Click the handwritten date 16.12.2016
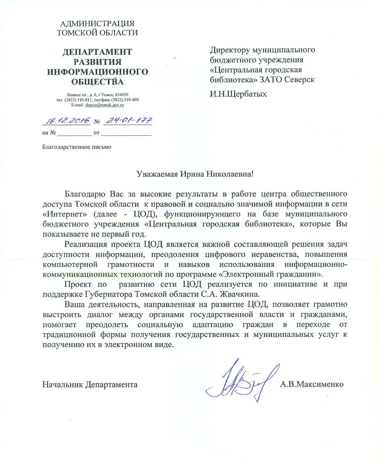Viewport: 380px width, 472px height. (x=67, y=121)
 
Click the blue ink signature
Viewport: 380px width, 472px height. (x=242, y=381)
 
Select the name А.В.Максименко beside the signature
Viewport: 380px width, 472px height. (x=312, y=384)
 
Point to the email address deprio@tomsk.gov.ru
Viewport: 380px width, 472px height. (x=104, y=105)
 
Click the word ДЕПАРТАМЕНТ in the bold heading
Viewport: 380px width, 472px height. (x=97, y=52)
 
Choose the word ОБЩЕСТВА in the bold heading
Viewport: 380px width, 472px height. (x=97, y=82)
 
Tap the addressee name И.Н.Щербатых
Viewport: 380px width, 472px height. (x=238, y=94)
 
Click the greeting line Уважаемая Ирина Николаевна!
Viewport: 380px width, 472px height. (x=195, y=174)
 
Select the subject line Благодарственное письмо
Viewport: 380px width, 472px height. (x=77, y=147)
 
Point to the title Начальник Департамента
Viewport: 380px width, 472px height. (x=90, y=384)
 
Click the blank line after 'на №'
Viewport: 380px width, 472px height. (x=74, y=133)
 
